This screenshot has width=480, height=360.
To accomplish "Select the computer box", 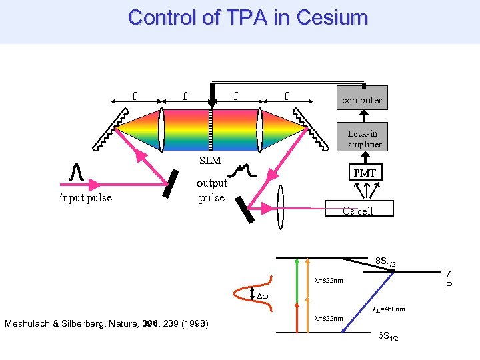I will coord(362,99).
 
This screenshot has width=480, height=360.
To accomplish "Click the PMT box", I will coord(365,173).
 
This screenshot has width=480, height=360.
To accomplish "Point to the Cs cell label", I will coord(357,211).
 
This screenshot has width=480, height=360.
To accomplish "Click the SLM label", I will coord(211,161).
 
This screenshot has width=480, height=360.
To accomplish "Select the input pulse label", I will coord(85,197).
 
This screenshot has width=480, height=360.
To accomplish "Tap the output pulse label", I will coord(212,190).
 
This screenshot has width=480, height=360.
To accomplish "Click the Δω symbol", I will coord(265,294).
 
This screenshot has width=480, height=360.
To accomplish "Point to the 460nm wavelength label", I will coord(387,309).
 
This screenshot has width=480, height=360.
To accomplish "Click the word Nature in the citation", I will coord(139,324).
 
